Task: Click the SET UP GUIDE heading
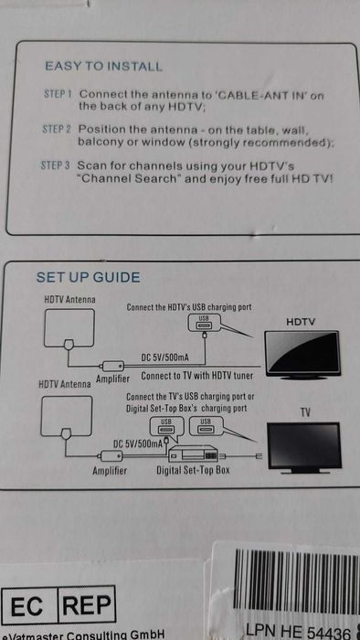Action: [x=88, y=277]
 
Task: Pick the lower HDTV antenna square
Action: [x=66, y=415]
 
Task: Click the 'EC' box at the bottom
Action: [x=29, y=606]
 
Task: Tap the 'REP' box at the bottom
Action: [x=86, y=606]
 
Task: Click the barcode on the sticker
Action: [x=292, y=576]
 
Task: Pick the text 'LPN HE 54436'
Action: [x=297, y=630]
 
